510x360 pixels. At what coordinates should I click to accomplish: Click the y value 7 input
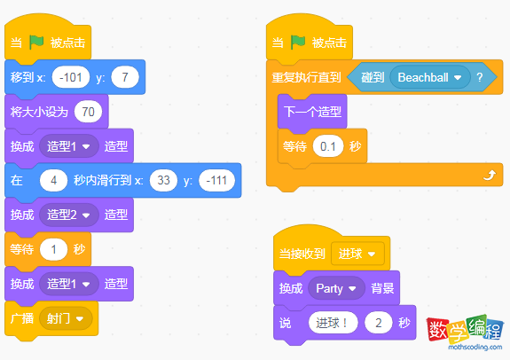coord(126,78)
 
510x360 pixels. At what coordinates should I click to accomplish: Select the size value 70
coord(87,112)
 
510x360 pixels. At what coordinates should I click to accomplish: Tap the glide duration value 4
coord(54,180)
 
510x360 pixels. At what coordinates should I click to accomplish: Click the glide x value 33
coord(165,180)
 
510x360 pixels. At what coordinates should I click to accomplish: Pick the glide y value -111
coord(216,180)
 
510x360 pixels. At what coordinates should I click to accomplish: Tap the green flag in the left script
coord(37,43)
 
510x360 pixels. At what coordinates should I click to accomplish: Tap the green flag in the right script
coord(299,43)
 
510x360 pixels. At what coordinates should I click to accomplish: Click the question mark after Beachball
coord(480,77)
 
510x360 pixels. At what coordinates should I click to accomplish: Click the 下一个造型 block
coord(310,112)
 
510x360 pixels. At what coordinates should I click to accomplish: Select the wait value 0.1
coord(329,145)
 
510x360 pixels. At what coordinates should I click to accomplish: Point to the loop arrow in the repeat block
coord(487,176)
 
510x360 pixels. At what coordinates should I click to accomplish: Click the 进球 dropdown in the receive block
coord(357,254)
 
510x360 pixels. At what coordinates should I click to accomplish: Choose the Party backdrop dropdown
coord(336,288)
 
